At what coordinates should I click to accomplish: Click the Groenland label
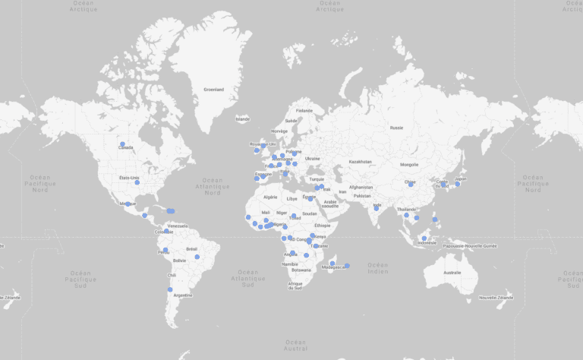click(213, 90)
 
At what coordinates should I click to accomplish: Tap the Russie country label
click(396, 128)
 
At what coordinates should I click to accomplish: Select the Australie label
click(452, 272)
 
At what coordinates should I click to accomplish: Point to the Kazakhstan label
click(360, 161)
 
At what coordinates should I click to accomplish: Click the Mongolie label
click(409, 164)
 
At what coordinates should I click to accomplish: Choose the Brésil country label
click(191, 248)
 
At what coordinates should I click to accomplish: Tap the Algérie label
click(270, 197)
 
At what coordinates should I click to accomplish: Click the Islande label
click(242, 118)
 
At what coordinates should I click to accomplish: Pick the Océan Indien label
click(377, 268)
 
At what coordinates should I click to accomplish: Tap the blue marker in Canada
click(122, 144)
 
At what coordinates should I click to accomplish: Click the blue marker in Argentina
click(170, 289)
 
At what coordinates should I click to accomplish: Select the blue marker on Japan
click(457, 184)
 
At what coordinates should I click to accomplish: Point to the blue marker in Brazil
click(197, 257)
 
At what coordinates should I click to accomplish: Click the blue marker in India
click(376, 208)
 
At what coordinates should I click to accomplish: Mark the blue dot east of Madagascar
click(347, 266)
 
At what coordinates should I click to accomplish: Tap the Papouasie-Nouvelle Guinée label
click(470, 245)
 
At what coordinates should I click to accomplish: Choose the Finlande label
click(304, 110)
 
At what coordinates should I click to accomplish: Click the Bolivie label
click(179, 261)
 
